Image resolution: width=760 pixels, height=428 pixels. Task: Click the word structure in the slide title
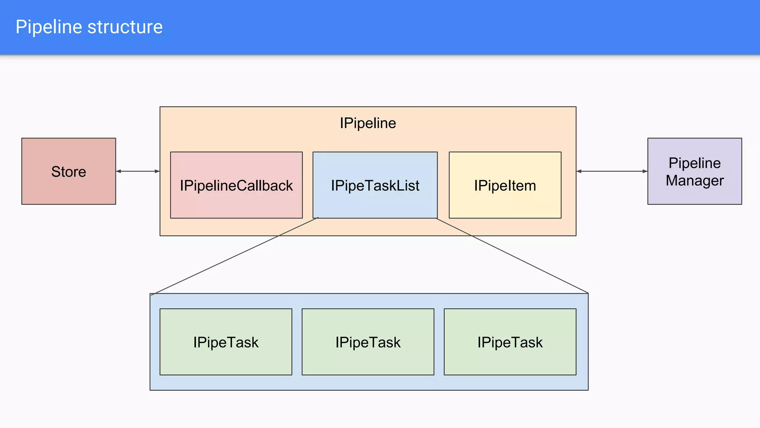pos(125,27)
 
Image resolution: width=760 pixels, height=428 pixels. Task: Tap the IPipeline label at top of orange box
pos(368,123)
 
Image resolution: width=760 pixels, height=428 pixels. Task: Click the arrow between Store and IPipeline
pos(138,171)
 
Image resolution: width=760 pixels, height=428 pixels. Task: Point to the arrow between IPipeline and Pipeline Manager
pos(612,171)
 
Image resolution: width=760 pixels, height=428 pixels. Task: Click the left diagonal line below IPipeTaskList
pos(235,256)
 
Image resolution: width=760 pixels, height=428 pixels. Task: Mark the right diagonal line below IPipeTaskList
pos(512,256)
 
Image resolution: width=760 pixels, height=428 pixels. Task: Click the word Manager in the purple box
pos(694,181)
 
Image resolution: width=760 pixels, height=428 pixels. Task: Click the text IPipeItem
pos(505,185)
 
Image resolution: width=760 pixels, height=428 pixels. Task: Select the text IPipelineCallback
pos(236,185)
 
